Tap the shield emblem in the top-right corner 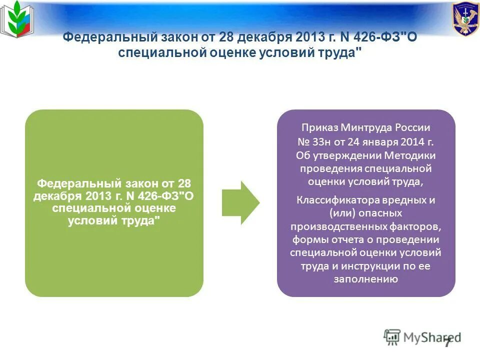pos(465,19)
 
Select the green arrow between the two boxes pos(240,203)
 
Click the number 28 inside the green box pos(185,183)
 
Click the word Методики pos(411,155)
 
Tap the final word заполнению pos(366,279)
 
